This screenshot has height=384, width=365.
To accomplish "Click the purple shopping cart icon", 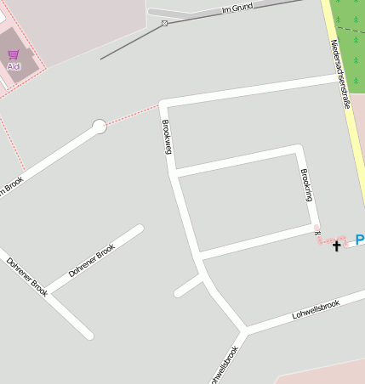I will point(14,54).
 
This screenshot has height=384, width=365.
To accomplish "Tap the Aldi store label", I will point(14,65).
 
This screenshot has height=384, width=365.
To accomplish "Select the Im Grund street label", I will point(238,8).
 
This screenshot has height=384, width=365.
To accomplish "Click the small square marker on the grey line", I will point(164,24).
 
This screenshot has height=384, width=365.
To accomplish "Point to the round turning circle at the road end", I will point(100,127).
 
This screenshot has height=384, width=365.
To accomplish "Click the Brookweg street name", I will point(167,136).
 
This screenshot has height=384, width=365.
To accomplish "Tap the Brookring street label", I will point(307,184).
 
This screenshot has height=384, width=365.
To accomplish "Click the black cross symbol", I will point(336,246).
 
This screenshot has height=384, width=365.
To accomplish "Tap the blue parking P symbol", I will point(359,240).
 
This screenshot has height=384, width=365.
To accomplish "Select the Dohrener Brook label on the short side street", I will point(93,263).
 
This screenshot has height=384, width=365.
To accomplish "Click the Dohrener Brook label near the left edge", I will point(27,277).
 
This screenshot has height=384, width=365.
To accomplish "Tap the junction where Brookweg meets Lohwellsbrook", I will point(244,329).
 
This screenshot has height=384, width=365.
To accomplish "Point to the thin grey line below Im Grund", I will point(128,47).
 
